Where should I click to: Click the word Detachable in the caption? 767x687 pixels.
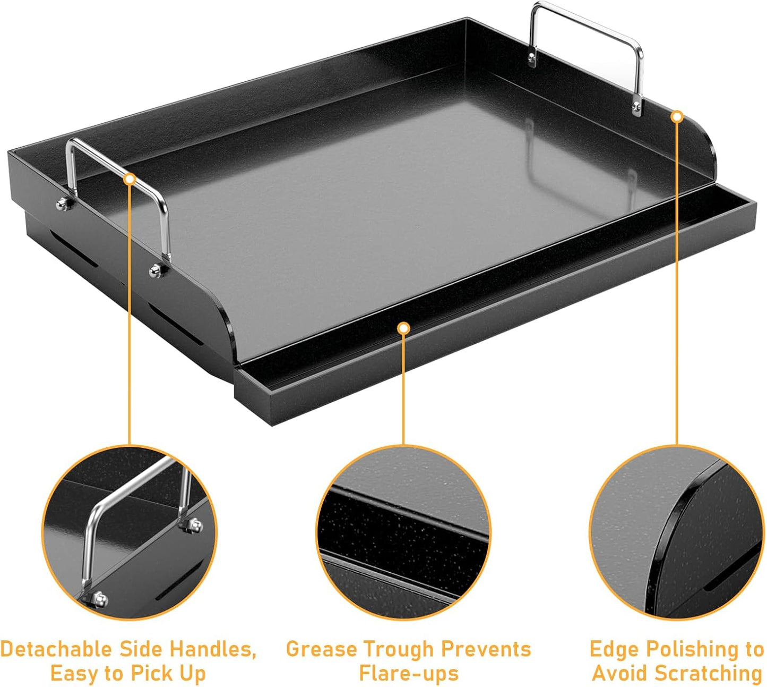tap(56, 649)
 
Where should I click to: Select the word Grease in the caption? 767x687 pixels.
tap(322, 649)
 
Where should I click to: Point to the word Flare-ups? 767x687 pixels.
tap(408, 673)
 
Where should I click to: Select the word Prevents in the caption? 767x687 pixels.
tap(486, 649)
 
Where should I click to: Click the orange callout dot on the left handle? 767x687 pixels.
tap(129, 179)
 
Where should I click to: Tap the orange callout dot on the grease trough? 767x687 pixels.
tap(403, 328)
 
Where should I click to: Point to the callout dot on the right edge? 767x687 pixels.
tap(677, 116)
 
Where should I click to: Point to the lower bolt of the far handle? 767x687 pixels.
tap(636, 109)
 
